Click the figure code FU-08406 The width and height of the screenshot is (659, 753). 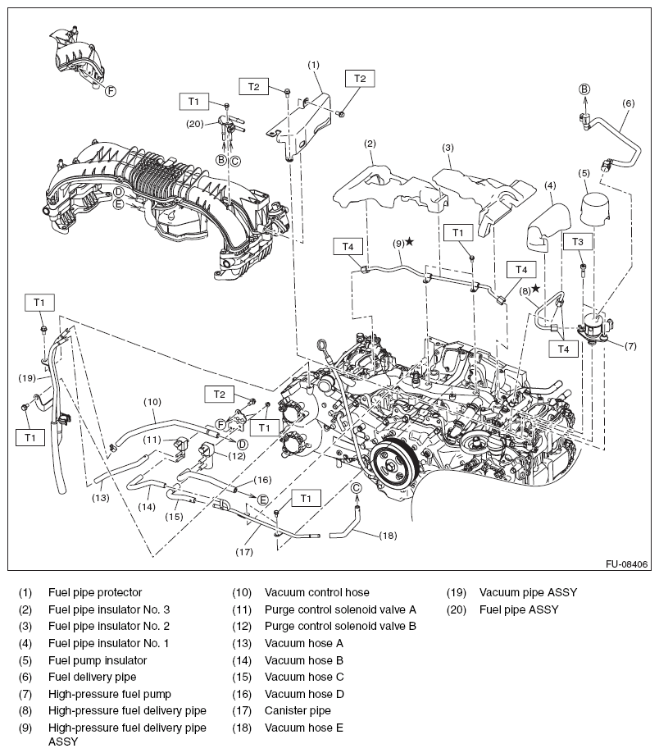click(627, 564)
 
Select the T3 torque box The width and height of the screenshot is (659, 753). click(578, 242)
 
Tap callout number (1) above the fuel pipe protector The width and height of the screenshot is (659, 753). click(313, 64)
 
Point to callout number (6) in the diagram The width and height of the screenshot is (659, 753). click(629, 103)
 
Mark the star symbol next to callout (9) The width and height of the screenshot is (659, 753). click(409, 243)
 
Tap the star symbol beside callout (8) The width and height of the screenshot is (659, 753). click(536, 289)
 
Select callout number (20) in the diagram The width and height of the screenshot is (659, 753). click(194, 124)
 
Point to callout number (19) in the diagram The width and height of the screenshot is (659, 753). click(26, 378)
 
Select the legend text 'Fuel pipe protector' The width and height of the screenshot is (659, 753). click(95, 592)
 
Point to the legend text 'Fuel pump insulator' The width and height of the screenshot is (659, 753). click(98, 660)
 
